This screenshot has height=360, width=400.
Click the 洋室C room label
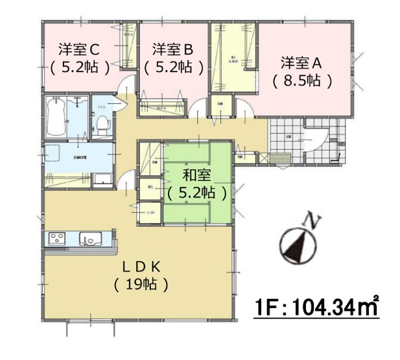77,48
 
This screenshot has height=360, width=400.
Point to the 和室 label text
195,174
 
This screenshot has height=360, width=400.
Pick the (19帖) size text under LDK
141,283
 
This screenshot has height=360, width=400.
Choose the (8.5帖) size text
302,81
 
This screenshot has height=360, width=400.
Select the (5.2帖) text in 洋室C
78,66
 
